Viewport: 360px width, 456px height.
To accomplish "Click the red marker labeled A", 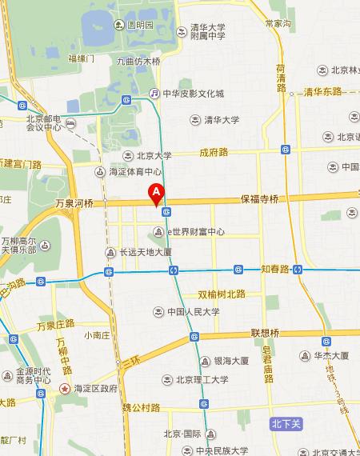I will (x=157, y=193).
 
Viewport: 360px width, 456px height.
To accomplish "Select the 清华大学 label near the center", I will (x=220, y=120).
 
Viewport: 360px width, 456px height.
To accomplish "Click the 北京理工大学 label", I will (x=202, y=380).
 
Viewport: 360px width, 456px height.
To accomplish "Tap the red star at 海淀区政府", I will (x=66, y=389).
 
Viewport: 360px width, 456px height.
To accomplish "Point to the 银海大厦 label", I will (x=231, y=361).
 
